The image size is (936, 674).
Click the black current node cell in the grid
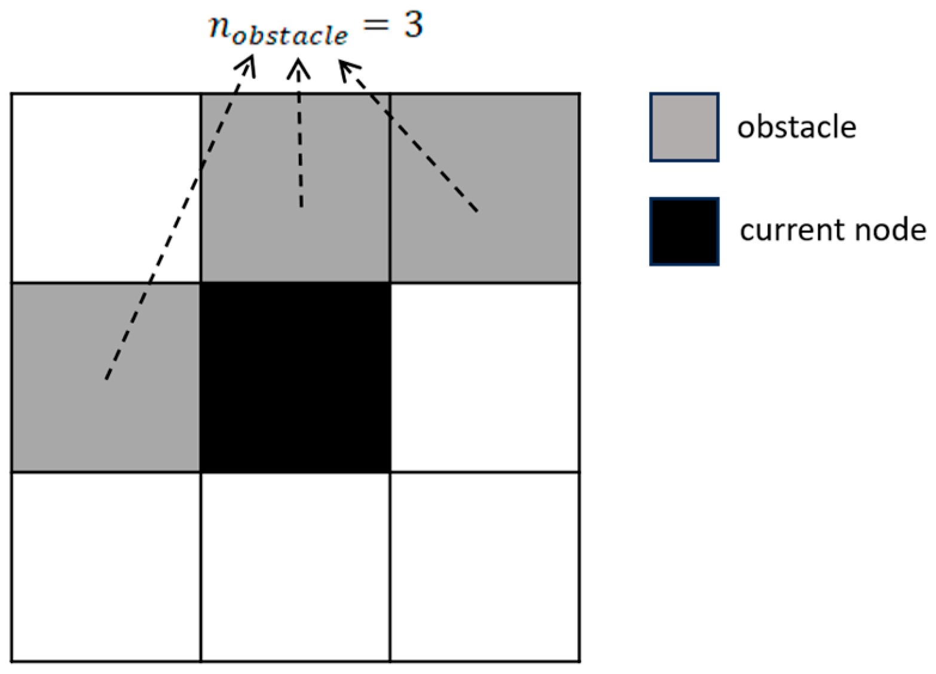coord(295,378)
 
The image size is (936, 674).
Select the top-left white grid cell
coord(106,188)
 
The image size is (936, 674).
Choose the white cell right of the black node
coord(485,378)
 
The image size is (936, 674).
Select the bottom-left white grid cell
coord(106,566)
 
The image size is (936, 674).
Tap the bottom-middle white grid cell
coord(295,566)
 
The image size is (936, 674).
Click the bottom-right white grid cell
coord(485,566)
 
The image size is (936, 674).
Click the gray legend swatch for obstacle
coord(684,127)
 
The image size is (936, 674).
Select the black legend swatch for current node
coord(684,231)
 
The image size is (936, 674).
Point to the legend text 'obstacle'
coord(796,127)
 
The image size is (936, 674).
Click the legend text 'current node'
coord(833,230)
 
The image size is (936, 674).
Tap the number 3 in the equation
coord(412,25)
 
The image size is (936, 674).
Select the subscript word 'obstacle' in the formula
coord(289,35)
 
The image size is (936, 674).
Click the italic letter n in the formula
coord(218,27)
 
